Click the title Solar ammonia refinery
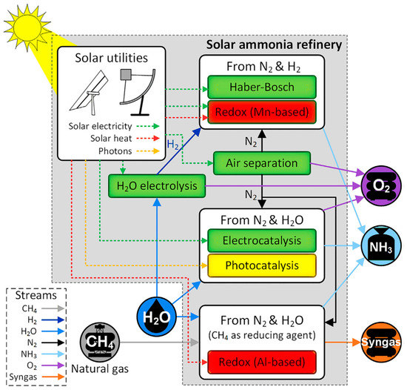pos(283,46)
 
